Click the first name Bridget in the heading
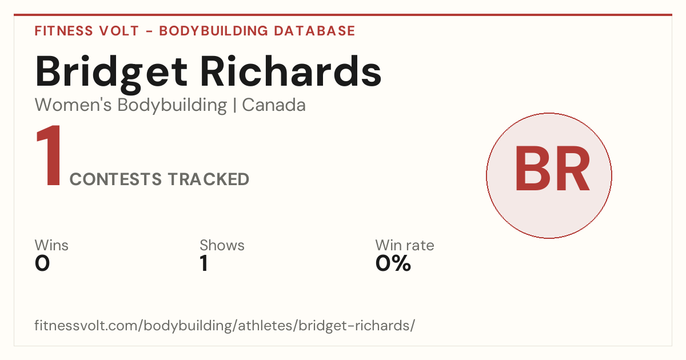(x=111, y=74)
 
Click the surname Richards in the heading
(x=291, y=71)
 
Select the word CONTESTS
(x=115, y=179)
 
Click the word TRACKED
(x=209, y=179)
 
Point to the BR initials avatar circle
(x=549, y=175)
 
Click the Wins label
(x=51, y=245)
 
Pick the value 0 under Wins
(x=42, y=263)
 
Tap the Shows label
(x=222, y=245)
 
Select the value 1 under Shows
(x=204, y=263)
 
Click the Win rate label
(x=405, y=245)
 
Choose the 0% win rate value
(x=393, y=263)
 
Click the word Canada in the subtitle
(x=274, y=105)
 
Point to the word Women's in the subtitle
(x=73, y=105)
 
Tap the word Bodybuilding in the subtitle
(x=172, y=106)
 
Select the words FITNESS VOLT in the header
(x=87, y=31)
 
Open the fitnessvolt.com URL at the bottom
(x=225, y=325)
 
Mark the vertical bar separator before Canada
(x=234, y=106)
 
